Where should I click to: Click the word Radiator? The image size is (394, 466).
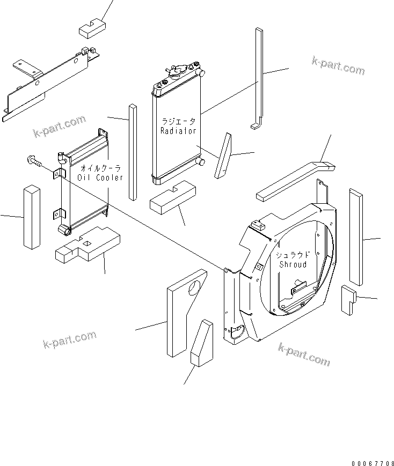[x=178, y=131]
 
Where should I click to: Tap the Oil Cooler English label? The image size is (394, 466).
[x=100, y=177]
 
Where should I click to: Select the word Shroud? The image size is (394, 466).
[x=293, y=264]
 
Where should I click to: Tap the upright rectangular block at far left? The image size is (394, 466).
[x=32, y=217]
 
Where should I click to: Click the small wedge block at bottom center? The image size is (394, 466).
[x=202, y=344]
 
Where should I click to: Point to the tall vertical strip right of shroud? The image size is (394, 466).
[x=356, y=235]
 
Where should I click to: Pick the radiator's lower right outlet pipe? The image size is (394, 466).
[x=202, y=162]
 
